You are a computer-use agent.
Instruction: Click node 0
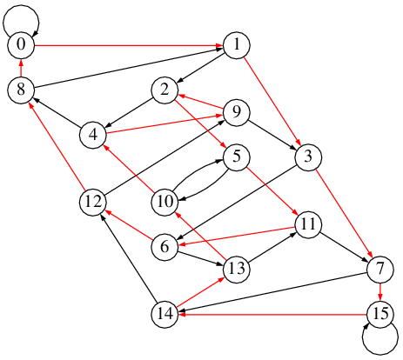coord(21,45)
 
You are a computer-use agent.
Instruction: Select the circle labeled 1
coord(237,45)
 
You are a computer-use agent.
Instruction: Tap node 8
coord(21,90)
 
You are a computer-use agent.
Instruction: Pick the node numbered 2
coord(165,90)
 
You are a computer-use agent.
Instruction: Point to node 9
coord(237,112)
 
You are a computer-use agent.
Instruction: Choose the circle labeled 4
coord(93,135)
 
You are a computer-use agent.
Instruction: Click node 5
coord(237,157)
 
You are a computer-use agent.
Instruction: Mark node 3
coord(308,157)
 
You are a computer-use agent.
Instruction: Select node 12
coord(93,202)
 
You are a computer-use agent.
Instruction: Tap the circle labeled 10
coord(165,202)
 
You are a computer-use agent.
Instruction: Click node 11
coord(308,224)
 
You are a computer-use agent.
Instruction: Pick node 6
coord(165,247)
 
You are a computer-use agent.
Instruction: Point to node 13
coord(237,269)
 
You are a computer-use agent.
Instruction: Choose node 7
coord(380,269)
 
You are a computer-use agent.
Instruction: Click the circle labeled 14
coord(165,314)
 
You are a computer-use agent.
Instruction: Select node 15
coord(380,314)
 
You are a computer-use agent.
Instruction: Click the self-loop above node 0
coord(21,6)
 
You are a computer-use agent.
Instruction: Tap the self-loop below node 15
coord(380,354)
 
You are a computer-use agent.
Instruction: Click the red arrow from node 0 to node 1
coord(129,45)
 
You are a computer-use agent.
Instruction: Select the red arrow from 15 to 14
coord(272,314)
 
